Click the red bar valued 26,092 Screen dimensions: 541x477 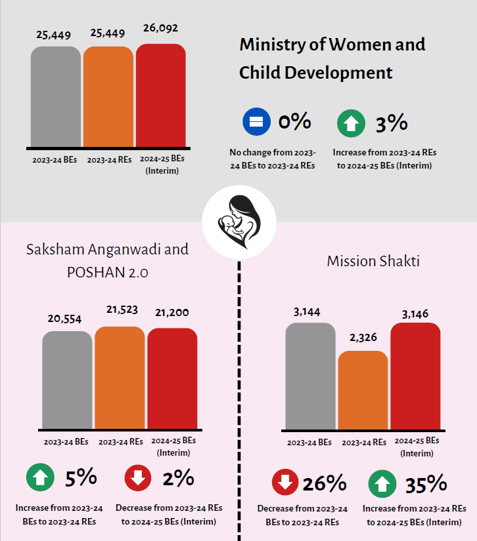pyautogui.click(x=160, y=95)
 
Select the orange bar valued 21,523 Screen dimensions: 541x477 pyautogui.click(x=120, y=377)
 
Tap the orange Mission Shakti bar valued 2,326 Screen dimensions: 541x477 pyautogui.click(x=363, y=390)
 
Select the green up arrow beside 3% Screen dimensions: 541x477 pyautogui.click(x=351, y=123)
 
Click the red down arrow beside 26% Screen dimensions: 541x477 pyautogui.click(x=284, y=484)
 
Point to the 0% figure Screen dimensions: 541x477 pyautogui.click(x=294, y=122)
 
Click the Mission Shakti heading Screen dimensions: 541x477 pyautogui.click(x=373, y=261)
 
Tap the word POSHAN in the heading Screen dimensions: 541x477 pyautogui.click(x=93, y=272)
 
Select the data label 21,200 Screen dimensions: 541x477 pyautogui.click(x=172, y=313)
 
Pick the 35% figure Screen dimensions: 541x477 pyautogui.click(x=425, y=485)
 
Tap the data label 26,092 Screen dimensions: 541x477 pyautogui.click(x=160, y=28)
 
